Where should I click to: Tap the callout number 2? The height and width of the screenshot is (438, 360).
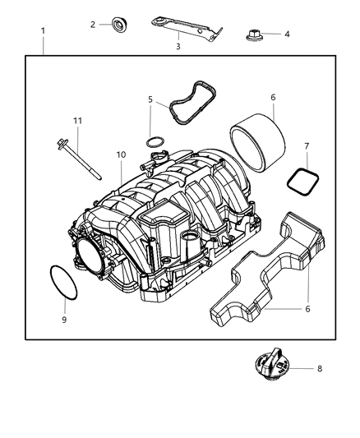click(x=93, y=24)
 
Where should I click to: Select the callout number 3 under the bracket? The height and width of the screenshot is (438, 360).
click(x=177, y=48)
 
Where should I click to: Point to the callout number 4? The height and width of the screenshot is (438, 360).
click(x=287, y=35)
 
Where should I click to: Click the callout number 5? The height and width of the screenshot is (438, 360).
click(x=150, y=99)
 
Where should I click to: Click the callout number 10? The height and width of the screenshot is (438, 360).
click(x=120, y=154)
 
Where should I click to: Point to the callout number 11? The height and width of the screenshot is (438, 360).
click(x=77, y=121)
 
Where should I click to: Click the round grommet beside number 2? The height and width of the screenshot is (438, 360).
click(x=119, y=24)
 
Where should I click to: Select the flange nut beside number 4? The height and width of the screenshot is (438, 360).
click(x=253, y=35)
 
